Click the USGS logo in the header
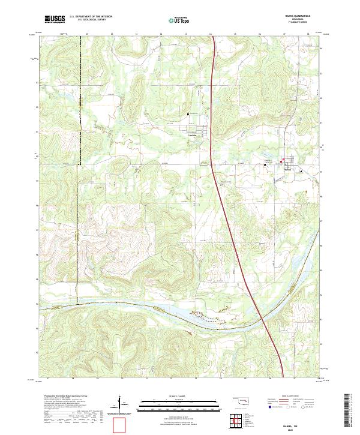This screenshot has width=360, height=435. (x=55, y=19)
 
